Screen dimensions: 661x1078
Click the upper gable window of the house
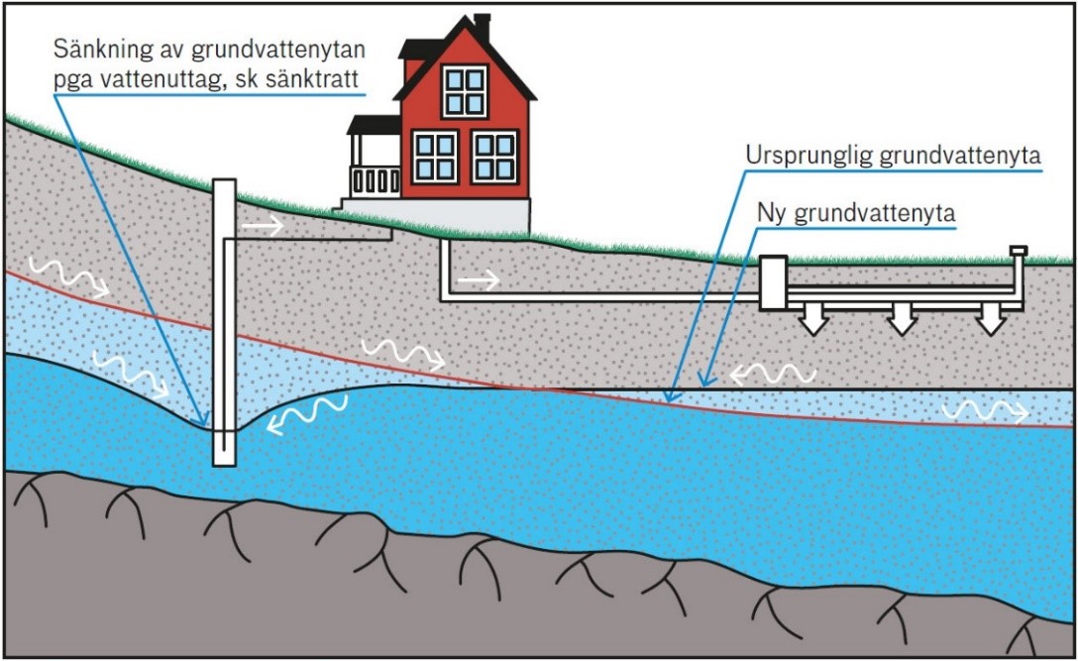tap(464, 89)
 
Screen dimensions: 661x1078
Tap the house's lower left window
tap(434, 156)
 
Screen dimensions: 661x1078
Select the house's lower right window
tap(494, 156)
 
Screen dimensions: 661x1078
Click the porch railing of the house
tap(375, 180)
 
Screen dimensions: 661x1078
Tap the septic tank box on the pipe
tap(772, 282)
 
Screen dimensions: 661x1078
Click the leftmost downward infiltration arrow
tap(813, 320)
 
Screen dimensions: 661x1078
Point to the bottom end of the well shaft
tap(225, 458)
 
